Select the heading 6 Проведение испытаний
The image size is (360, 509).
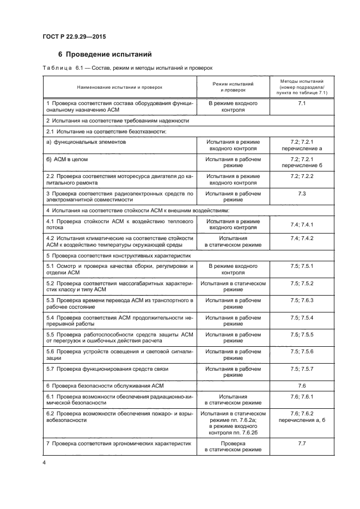click(x=105, y=54)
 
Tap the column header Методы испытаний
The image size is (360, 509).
click(x=301, y=87)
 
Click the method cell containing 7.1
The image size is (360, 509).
click(x=301, y=103)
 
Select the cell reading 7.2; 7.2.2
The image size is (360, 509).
click(x=301, y=176)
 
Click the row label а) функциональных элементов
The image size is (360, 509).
click(x=86, y=142)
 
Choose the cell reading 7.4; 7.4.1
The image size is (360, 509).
click(x=301, y=224)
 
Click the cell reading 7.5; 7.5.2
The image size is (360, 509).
click(x=301, y=284)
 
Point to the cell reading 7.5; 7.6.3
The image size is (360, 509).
click(x=301, y=301)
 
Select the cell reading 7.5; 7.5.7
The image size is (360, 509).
click(x=301, y=369)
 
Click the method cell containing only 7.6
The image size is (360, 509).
click(x=301, y=385)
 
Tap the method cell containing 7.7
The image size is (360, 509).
click(x=301, y=444)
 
